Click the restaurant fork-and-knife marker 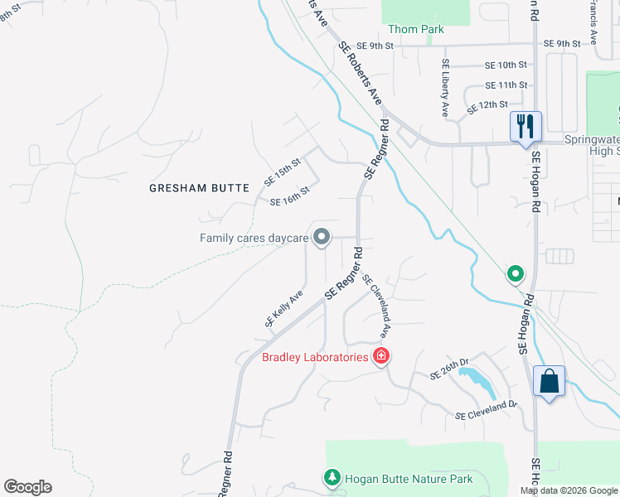526,127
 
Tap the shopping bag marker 549,382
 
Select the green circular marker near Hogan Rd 516,273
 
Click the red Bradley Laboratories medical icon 381,357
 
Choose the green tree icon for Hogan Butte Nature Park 332,478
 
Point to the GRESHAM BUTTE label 199,188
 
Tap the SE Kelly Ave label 284,308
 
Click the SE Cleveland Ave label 375,306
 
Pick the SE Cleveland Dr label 486,409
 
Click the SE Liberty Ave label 445,87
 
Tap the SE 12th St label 487,106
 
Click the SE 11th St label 506,85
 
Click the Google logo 27,487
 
